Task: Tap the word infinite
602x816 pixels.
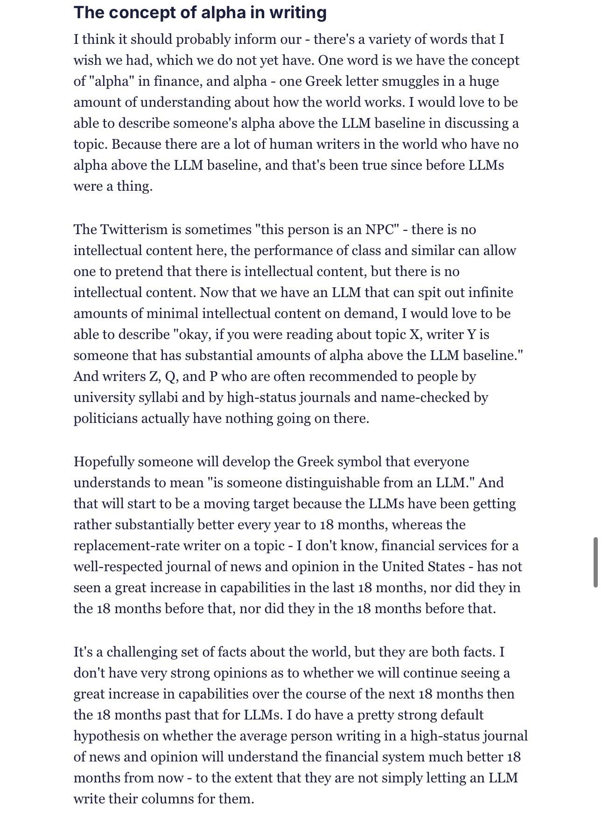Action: [490, 292]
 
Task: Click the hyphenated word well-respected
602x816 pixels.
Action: [119, 567]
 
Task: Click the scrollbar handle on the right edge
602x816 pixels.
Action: [595, 562]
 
